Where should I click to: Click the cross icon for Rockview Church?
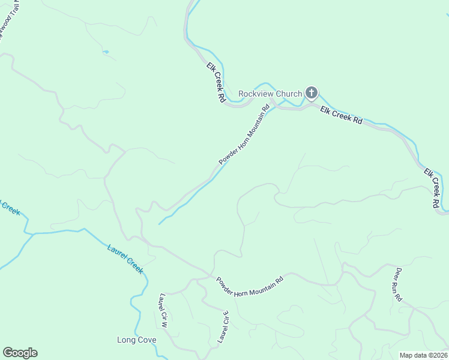pyautogui.click(x=311, y=92)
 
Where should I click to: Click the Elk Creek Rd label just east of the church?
pyautogui.click(x=342, y=115)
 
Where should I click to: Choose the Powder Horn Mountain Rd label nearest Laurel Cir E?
pyautogui.click(x=249, y=285)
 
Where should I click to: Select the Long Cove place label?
pyautogui.click(x=136, y=340)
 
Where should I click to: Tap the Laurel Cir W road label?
pyautogui.click(x=163, y=310)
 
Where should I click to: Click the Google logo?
pyautogui.click(x=20, y=353)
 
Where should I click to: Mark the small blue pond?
pyautogui.click(x=106, y=53)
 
